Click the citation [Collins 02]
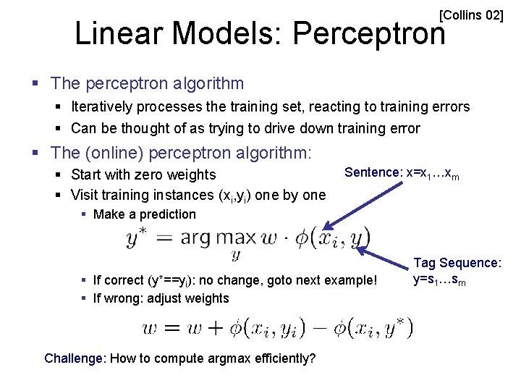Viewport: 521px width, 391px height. (x=471, y=14)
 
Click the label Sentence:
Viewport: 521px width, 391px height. (x=373, y=172)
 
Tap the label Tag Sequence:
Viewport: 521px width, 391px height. (x=457, y=263)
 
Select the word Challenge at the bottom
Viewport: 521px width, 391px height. (x=72, y=358)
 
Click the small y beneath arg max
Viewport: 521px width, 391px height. (x=236, y=254)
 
